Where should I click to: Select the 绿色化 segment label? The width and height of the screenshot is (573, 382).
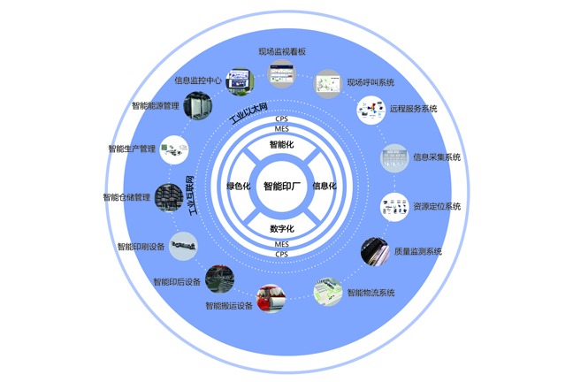[239, 186]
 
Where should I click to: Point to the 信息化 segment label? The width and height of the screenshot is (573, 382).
[325, 186]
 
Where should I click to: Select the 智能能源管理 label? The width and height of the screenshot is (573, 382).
[155, 106]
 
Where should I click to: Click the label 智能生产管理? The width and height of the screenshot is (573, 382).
[131, 149]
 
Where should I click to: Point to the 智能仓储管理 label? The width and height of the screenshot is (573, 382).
[126, 197]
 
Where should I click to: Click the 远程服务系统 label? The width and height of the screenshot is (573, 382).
[414, 110]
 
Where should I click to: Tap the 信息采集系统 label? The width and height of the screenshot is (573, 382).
[437, 157]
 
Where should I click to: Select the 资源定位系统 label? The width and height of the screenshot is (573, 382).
[437, 206]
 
